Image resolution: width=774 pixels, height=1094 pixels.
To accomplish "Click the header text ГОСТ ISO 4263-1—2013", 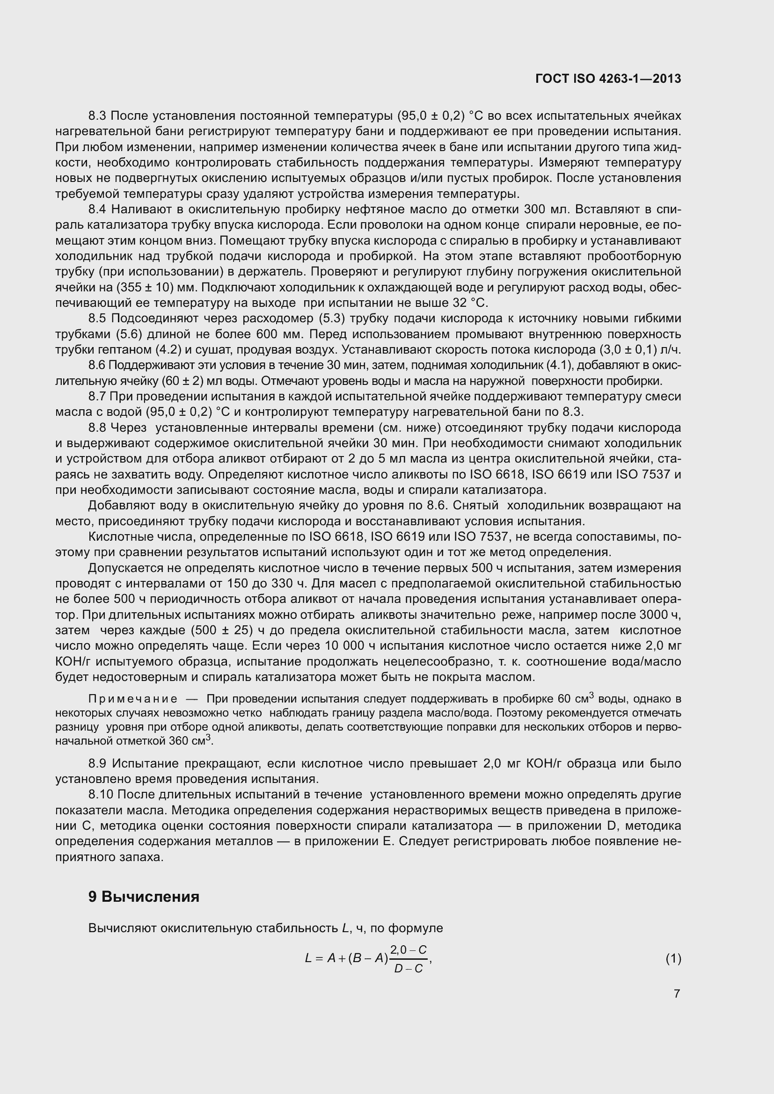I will (608, 79).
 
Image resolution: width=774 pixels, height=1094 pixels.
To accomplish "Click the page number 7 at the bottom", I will (677, 993).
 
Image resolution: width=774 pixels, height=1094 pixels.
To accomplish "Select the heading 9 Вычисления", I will (144, 897).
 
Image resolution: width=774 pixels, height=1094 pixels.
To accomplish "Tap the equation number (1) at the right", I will (673, 958).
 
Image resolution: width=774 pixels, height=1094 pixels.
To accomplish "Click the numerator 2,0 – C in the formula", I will (409, 949).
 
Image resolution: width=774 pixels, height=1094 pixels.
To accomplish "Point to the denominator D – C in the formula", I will (409, 969).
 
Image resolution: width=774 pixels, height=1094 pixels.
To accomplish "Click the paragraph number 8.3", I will (98, 116).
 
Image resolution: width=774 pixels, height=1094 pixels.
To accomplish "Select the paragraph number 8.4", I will (98, 210).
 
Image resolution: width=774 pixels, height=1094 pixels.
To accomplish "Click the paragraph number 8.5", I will (98, 319).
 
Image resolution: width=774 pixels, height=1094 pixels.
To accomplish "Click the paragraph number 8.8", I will (98, 428).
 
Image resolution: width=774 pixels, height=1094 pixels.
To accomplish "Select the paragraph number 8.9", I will (98, 763).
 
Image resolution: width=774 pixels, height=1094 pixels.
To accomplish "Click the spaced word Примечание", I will (133, 699).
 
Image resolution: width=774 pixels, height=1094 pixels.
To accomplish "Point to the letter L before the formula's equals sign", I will (308, 959).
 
